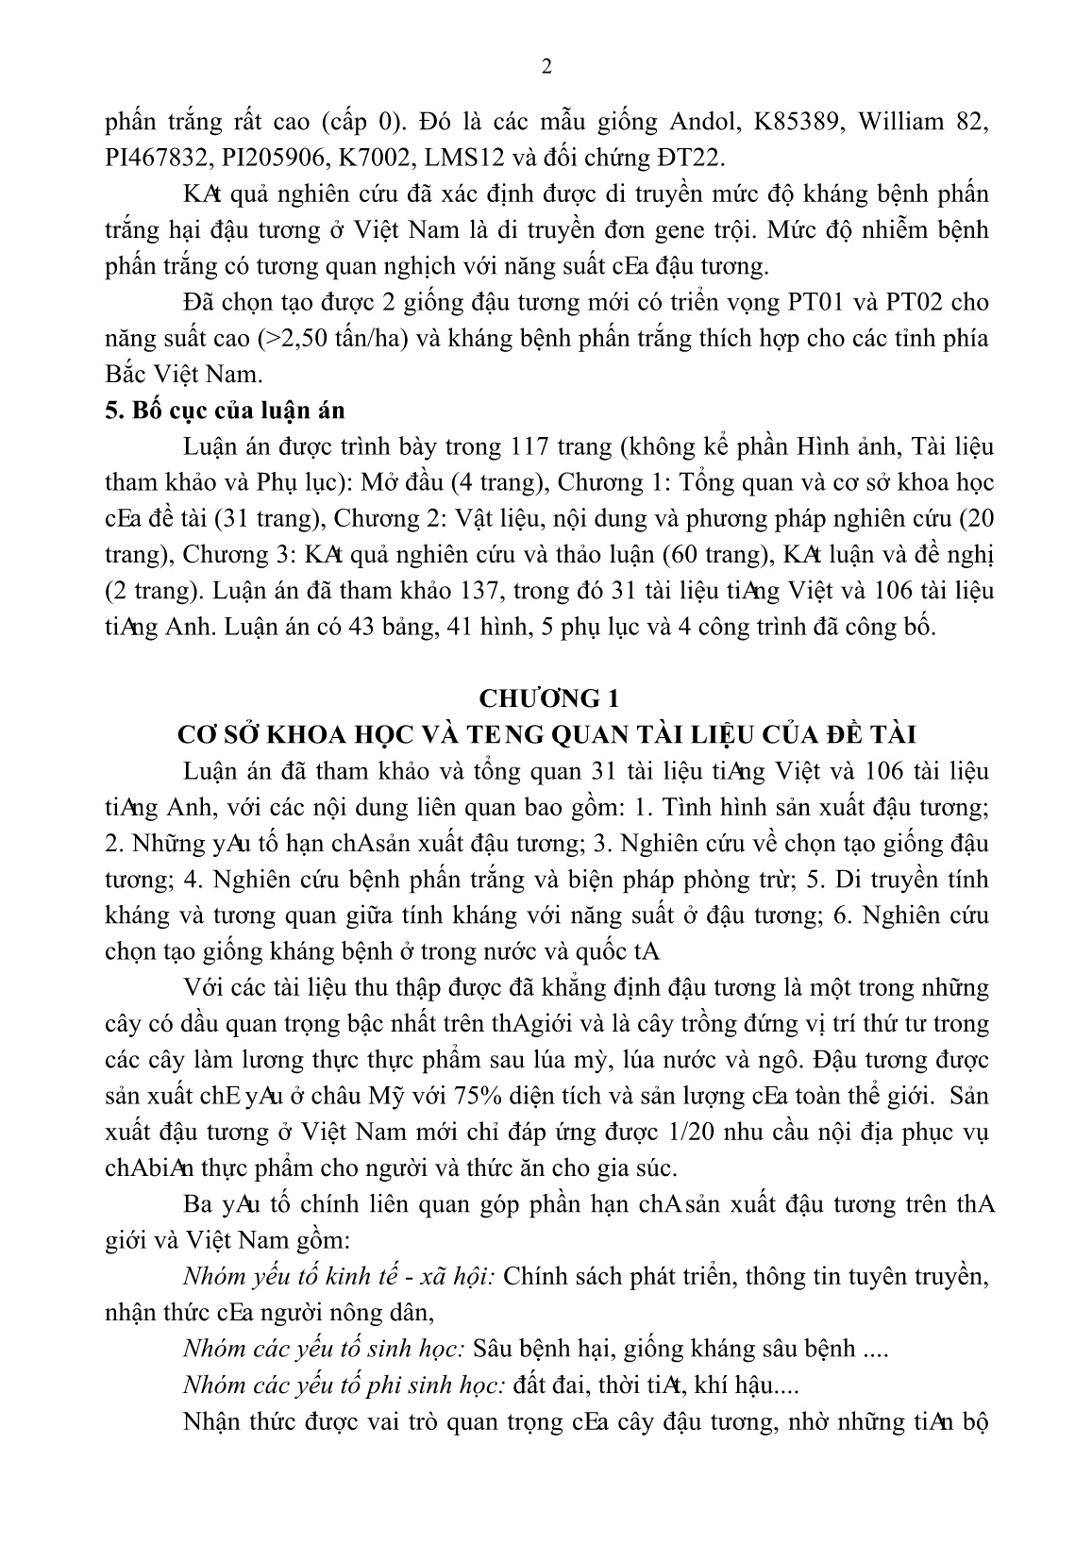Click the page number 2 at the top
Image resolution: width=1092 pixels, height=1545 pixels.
click(x=546, y=67)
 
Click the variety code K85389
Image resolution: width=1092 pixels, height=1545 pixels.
click(x=767, y=122)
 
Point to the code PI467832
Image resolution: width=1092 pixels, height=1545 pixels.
click(x=163, y=158)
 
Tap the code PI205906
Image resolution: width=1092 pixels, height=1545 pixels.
click(x=305, y=158)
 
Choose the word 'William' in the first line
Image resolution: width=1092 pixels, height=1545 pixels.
click(x=894, y=122)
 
